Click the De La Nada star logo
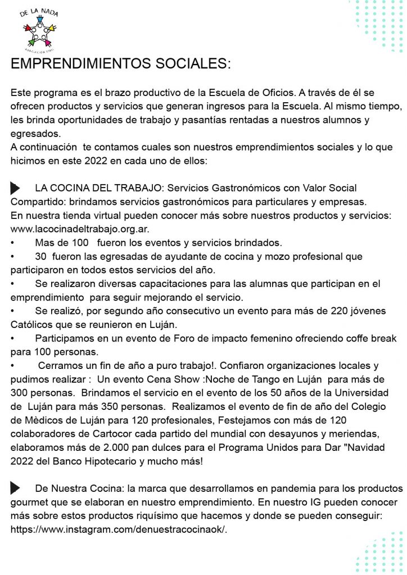39,28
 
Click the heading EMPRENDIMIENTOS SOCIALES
120,63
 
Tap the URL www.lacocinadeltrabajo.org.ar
80,229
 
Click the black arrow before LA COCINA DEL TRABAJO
15,188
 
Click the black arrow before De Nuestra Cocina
15,488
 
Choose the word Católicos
33,325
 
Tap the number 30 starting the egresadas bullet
40,257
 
